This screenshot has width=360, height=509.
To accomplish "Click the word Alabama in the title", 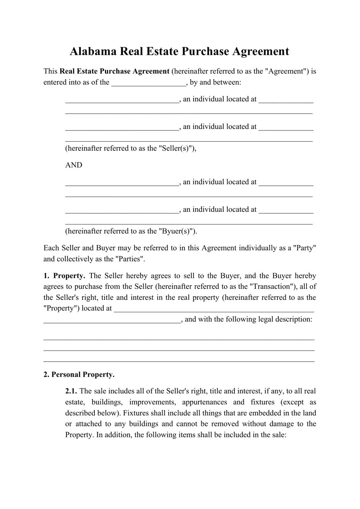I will (x=93, y=52).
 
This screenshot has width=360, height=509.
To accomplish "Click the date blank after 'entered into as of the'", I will (x=149, y=83).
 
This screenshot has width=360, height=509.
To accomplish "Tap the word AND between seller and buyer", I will (x=74, y=165).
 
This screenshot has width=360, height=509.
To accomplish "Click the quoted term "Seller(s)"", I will (x=176, y=149).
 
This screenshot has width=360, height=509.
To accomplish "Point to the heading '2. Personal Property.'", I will (x=79, y=375).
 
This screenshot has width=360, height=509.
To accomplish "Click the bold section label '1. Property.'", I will (x=64, y=276).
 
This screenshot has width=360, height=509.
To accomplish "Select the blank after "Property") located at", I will (x=214, y=309).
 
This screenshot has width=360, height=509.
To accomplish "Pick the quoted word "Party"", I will (x=305, y=248).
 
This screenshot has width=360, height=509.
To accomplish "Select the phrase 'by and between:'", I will (x=215, y=83).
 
